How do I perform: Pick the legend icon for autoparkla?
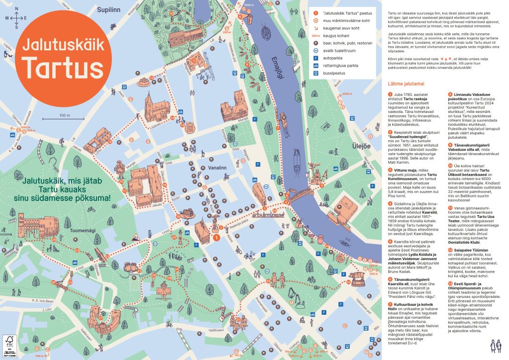[315, 58]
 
